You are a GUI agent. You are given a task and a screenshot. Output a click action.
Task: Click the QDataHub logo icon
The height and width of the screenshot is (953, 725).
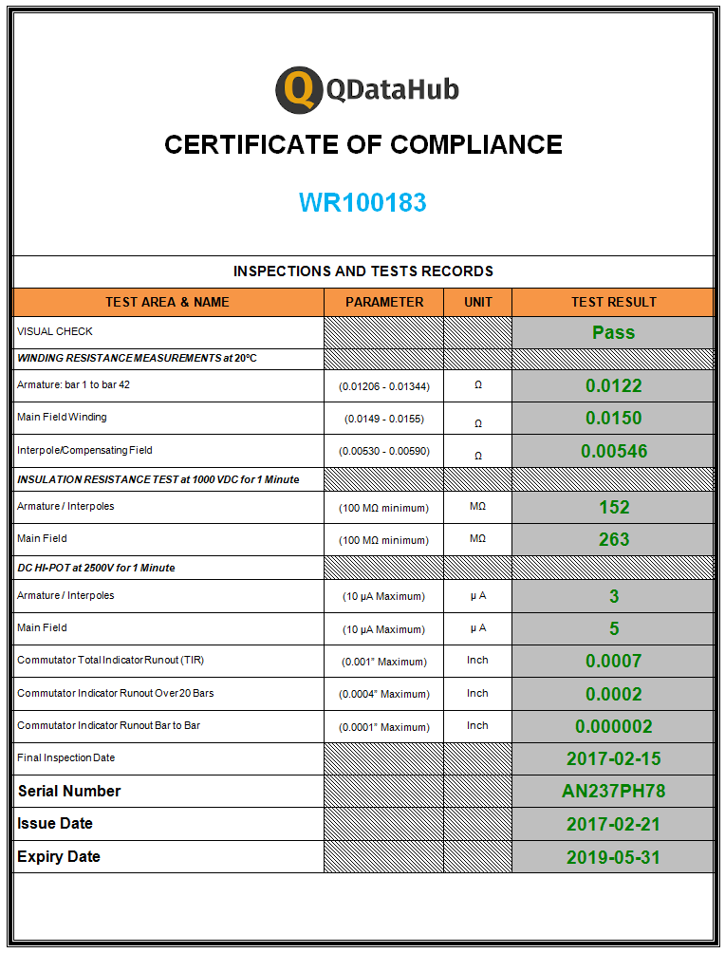pyautogui.click(x=297, y=90)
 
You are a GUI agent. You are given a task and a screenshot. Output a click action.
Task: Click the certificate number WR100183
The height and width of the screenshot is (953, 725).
pyautogui.click(x=362, y=202)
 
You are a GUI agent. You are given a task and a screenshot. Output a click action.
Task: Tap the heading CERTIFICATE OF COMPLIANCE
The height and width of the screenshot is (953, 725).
pyautogui.click(x=362, y=144)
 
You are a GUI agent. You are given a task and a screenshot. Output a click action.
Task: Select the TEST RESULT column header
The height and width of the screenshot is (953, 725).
pyautogui.click(x=613, y=302)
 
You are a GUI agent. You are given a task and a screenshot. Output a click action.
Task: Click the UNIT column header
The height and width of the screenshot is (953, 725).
pyautogui.click(x=478, y=302)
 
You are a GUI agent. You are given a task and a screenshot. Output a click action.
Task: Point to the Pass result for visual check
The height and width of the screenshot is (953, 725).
pyautogui.click(x=613, y=332)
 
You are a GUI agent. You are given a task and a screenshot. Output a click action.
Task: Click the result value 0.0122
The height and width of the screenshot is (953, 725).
pyautogui.click(x=613, y=385)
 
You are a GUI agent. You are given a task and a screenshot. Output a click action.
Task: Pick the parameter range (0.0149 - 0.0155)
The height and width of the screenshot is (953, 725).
pyautogui.click(x=383, y=419)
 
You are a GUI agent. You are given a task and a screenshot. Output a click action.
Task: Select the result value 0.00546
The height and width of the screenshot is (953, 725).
pyautogui.click(x=613, y=451)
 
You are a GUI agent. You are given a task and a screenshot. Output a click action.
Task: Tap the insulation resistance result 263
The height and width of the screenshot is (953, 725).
pyautogui.click(x=613, y=539)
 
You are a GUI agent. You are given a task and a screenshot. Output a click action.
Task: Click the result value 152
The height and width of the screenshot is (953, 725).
pyautogui.click(x=613, y=507)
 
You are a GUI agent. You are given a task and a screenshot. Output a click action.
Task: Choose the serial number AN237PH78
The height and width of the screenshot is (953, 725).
pyautogui.click(x=613, y=791)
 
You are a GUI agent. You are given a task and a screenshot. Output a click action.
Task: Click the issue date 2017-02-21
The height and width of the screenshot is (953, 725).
pyautogui.click(x=613, y=824)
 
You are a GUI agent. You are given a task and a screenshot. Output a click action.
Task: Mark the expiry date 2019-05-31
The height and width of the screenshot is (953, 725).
pyautogui.click(x=613, y=857)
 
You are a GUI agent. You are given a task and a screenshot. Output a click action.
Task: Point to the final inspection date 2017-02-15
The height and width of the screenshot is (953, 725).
pyautogui.click(x=613, y=758)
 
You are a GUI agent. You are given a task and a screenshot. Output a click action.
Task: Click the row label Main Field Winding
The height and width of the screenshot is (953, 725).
pyautogui.click(x=62, y=418)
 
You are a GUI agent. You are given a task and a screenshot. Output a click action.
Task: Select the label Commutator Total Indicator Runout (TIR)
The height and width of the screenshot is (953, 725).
pyautogui.click(x=110, y=661)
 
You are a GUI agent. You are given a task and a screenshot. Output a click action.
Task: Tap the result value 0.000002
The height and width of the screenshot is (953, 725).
pyautogui.click(x=613, y=726)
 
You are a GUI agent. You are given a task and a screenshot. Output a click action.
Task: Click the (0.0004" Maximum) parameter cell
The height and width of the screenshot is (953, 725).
pyautogui.click(x=383, y=694)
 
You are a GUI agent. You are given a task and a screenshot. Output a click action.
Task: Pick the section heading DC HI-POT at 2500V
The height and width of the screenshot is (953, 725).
pyautogui.click(x=96, y=568)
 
